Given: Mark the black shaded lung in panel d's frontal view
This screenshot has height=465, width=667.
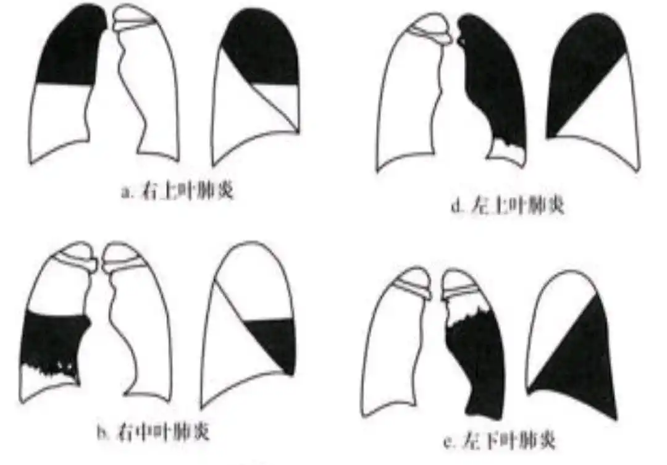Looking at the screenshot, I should tap(494, 80).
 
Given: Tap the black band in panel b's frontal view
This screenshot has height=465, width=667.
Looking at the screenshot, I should tap(52, 340).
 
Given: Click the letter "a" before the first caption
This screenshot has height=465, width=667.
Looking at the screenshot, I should tap(125, 193).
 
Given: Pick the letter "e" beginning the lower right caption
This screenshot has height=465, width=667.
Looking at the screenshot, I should tap(449, 441).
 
